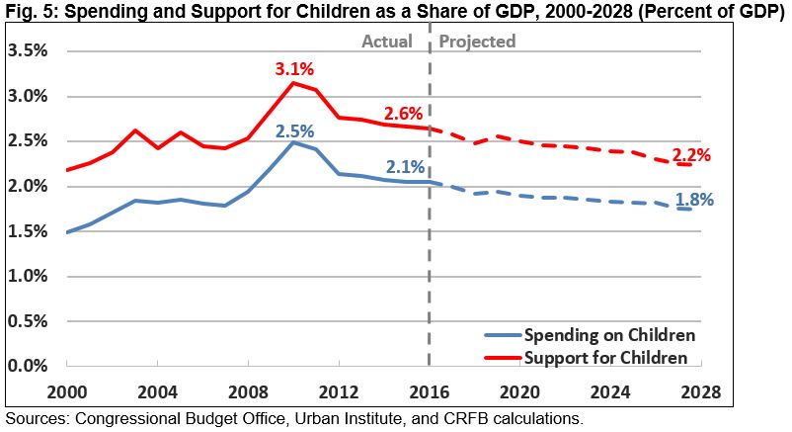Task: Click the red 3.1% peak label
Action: (294, 70)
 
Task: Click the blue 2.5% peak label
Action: (294, 131)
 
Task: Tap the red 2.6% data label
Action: (405, 115)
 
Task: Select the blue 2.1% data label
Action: (405, 167)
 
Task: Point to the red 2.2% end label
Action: (691, 155)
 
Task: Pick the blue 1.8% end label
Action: (694, 200)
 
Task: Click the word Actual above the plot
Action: (387, 42)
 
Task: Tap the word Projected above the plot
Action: (477, 42)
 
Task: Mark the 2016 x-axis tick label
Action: (429, 389)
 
